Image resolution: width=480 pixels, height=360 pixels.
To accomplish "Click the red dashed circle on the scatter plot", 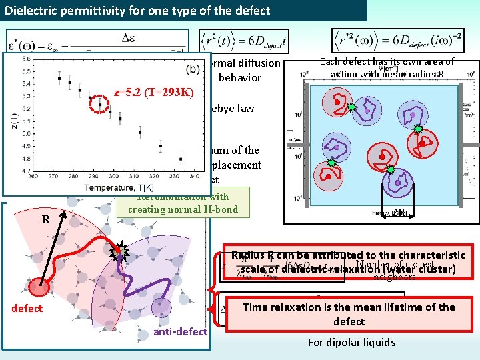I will pos(100,104).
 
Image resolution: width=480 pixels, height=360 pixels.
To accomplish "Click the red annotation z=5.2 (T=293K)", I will pos(153,92).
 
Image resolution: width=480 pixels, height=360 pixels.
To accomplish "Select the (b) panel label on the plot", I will pos(193,69).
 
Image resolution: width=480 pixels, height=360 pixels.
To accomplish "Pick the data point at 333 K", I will pos(181,159).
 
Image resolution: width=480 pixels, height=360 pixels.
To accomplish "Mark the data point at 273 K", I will pos(60,78).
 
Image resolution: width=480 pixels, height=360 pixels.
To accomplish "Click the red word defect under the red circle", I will pos(27,308).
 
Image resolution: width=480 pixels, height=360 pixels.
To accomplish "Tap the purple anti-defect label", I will pos(180,332).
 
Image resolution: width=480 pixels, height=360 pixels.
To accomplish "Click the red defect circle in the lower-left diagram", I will pos(40,287).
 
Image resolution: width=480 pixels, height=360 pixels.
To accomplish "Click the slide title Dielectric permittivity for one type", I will pos(138,10).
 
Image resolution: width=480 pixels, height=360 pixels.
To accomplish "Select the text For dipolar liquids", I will pos(351,343).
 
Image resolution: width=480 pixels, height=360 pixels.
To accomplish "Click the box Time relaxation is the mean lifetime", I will pos(349,314).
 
